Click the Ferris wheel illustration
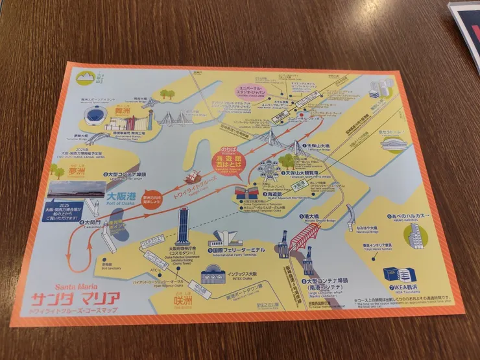click(267, 171)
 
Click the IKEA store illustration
click(397, 274)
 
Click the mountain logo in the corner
click(85, 78)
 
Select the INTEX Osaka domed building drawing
click(216, 274)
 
